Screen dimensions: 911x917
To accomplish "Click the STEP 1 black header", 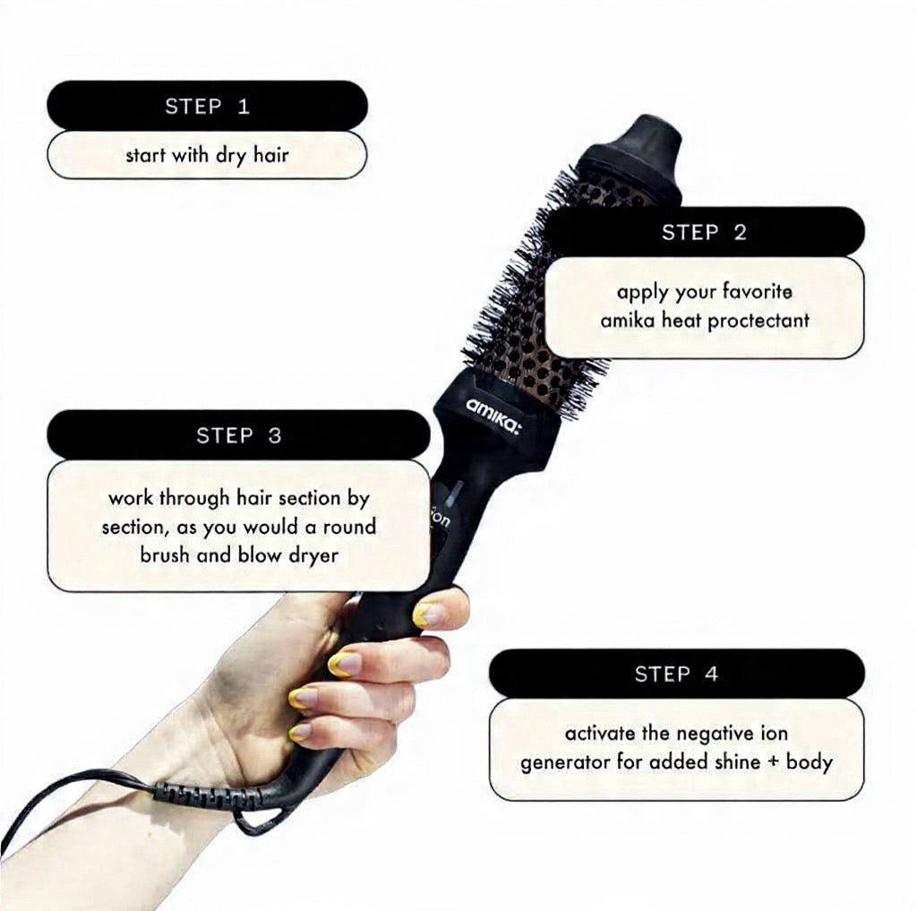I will [x=207, y=106].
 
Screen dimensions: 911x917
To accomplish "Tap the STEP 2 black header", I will [x=704, y=232].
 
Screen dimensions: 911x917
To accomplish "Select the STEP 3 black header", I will [x=238, y=435].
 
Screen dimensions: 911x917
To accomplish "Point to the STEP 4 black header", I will [x=676, y=674].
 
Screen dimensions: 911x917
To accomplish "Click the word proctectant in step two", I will [x=758, y=320].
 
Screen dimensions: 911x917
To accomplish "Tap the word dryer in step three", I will [x=313, y=554].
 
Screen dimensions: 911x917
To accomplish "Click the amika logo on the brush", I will [x=493, y=413].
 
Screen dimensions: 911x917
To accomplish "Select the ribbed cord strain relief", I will [x=202, y=794].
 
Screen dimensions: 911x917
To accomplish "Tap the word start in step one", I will [x=145, y=155].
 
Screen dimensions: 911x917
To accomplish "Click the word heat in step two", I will [x=681, y=320].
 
